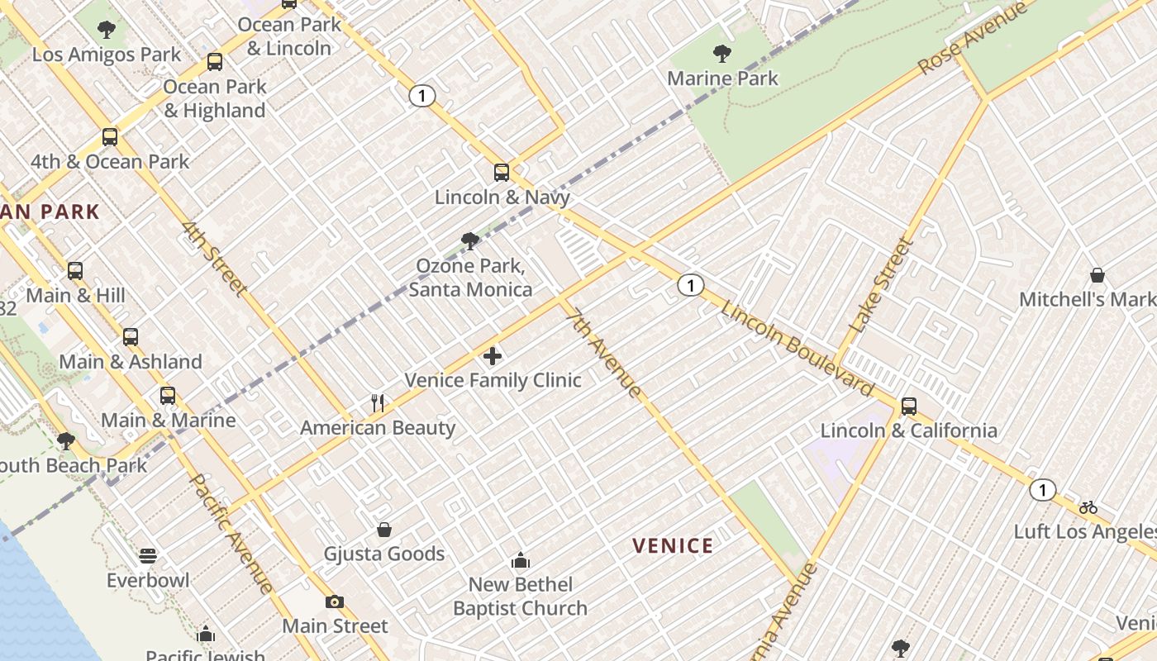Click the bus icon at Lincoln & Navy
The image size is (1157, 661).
pos(502,173)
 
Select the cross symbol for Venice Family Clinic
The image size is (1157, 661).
pos(493,356)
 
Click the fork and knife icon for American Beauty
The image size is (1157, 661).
pos(378,403)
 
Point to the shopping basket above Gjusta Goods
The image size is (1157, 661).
pos(384,530)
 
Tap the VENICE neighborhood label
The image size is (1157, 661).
pos(673,545)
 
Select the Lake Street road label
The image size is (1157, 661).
pos(883,286)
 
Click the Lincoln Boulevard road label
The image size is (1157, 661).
pos(798,348)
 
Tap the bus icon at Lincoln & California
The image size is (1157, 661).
pos(909,407)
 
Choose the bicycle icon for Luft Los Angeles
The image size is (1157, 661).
pos(1088,507)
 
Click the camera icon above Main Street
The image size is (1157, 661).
pos(335,602)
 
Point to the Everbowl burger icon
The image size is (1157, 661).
pos(148,555)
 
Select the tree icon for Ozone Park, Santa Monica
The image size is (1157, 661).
pos(470,241)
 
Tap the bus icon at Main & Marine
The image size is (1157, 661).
pos(168,396)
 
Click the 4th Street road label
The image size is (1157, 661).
pos(215,259)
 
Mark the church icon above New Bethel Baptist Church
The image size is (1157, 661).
pos(521,560)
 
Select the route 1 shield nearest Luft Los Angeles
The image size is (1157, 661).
pos(1043,490)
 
